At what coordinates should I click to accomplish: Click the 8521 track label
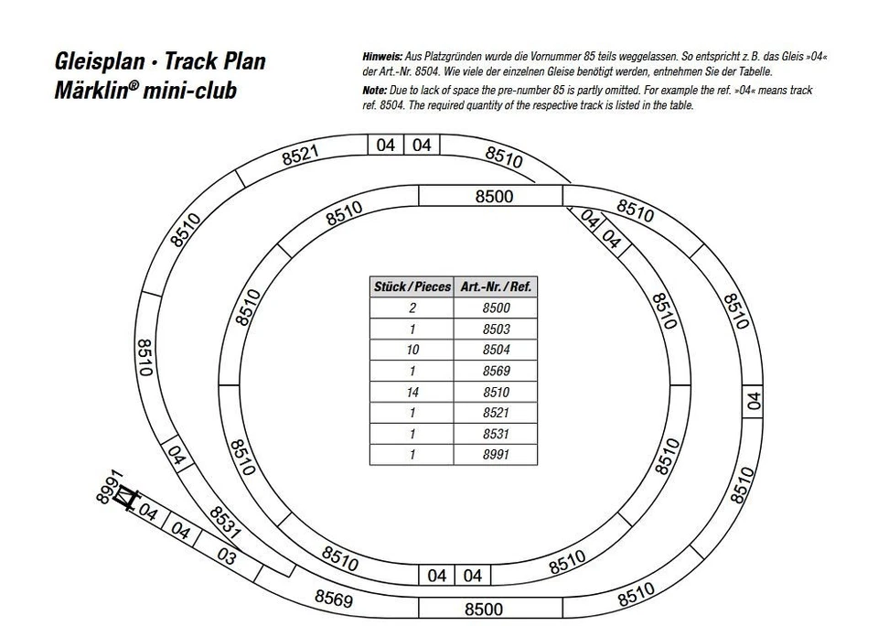tap(300, 155)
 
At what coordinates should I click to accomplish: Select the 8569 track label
tap(334, 599)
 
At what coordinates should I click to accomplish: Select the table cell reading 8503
tap(496, 329)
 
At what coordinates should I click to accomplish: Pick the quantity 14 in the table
tap(412, 392)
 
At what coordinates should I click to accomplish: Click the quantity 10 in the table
tap(412, 350)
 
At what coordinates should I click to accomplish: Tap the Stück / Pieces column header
tap(412, 286)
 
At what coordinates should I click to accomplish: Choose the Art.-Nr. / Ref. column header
tap(496, 286)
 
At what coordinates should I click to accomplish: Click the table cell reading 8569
tap(496, 371)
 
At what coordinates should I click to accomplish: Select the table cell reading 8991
tap(496, 455)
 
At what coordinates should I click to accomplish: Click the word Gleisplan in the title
tap(100, 62)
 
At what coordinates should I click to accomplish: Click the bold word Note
tap(375, 91)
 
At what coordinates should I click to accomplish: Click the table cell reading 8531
tap(496, 434)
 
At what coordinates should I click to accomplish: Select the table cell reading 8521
tap(496, 413)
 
